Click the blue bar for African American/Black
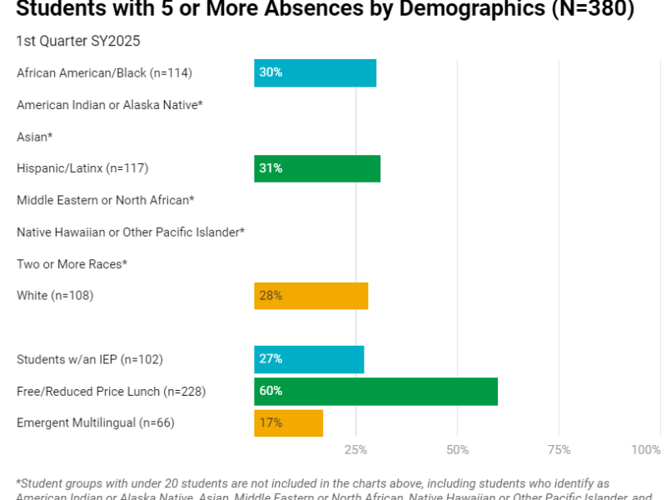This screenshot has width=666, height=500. pyautogui.click(x=315, y=72)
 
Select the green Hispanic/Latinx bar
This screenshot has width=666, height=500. pyautogui.click(x=317, y=168)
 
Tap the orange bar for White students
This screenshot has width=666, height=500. pyautogui.click(x=311, y=296)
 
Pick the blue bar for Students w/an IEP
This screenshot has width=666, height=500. pyautogui.click(x=309, y=359)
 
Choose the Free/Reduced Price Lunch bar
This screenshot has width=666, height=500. pyautogui.click(x=375, y=391)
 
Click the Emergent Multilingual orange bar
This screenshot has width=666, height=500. pyautogui.click(x=288, y=422)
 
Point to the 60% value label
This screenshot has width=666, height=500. pyautogui.click(x=271, y=391)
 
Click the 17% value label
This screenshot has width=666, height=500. pyautogui.click(x=271, y=422)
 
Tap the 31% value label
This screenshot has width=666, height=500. pyautogui.click(x=271, y=168)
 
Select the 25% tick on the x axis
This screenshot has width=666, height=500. pyautogui.click(x=355, y=450)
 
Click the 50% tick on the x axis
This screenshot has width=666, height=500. pyautogui.click(x=457, y=450)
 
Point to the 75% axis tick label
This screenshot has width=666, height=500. pyautogui.click(x=559, y=450)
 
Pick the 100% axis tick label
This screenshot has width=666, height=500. pyautogui.click(x=645, y=450)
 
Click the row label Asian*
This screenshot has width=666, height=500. pyautogui.click(x=35, y=137)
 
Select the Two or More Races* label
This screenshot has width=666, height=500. pyautogui.click(x=72, y=264)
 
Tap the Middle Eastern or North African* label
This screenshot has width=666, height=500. pyautogui.click(x=105, y=200)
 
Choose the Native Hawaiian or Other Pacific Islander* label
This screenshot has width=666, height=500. pyautogui.click(x=131, y=232)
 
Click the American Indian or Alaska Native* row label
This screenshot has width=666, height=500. pyautogui.click(x=110, y=105)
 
